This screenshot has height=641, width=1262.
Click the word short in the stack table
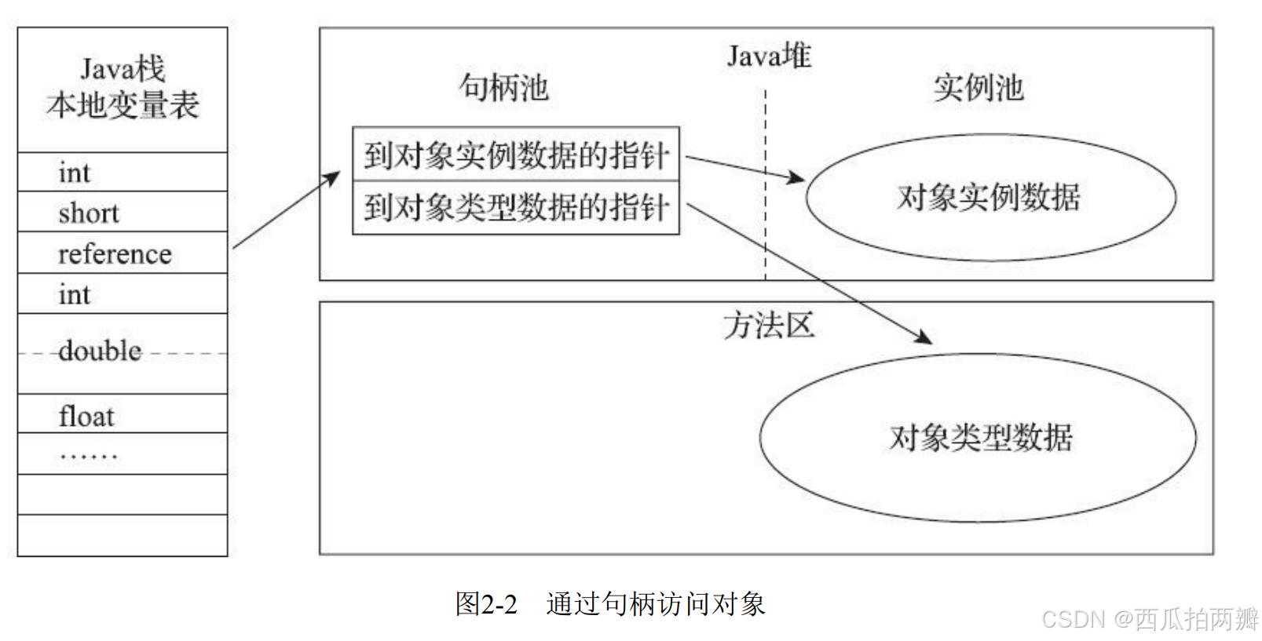click(x=88, y=213)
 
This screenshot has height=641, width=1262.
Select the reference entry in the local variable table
click(x=115, y=254)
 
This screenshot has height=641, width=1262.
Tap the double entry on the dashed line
click(x=100, y=351)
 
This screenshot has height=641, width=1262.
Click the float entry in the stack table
click(x=86, y=416)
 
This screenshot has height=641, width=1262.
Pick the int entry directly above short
click(x=74, y=173)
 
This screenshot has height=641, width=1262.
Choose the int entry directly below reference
click(x=74, y=295)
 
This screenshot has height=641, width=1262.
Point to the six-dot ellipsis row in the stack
click(x=88, y=455)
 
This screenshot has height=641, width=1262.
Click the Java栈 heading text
click(x=123, y=69)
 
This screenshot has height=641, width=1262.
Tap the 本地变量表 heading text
click(x=123, y=105)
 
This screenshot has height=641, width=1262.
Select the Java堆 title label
click(x=768, y=56)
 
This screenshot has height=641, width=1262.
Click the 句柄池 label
click(x=503, y=87)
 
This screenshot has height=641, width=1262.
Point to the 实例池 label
click(x=979, y=88)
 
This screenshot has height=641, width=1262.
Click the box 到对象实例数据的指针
click(x=516, y=155)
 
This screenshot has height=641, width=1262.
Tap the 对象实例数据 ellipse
click(x=989, y=197)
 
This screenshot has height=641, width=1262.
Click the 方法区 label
click(x=768, y=325)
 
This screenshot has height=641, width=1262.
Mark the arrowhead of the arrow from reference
click(x=335, y=176)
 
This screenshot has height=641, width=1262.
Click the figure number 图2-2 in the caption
click(x=486, y=604)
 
